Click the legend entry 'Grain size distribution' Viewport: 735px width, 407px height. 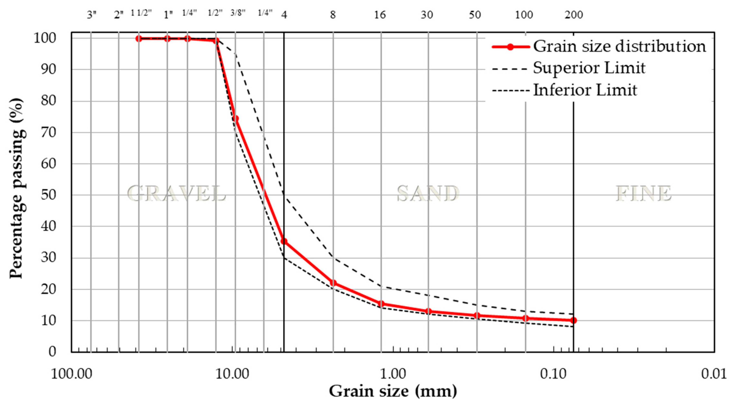pos(619,46)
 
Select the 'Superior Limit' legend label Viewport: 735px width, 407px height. pos(589,68)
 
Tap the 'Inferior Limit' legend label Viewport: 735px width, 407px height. pos(585,90)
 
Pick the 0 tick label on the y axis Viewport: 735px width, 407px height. pos(52,352)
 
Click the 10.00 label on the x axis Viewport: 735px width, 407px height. pos(232,374)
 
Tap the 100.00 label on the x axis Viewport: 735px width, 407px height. pos(71,374)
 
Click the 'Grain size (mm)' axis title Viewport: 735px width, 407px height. pos(393,391)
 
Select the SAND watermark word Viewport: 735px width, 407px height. pos(428,194)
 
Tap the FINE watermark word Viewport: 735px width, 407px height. pos(643,194)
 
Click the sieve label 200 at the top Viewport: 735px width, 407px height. pos(574,15)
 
